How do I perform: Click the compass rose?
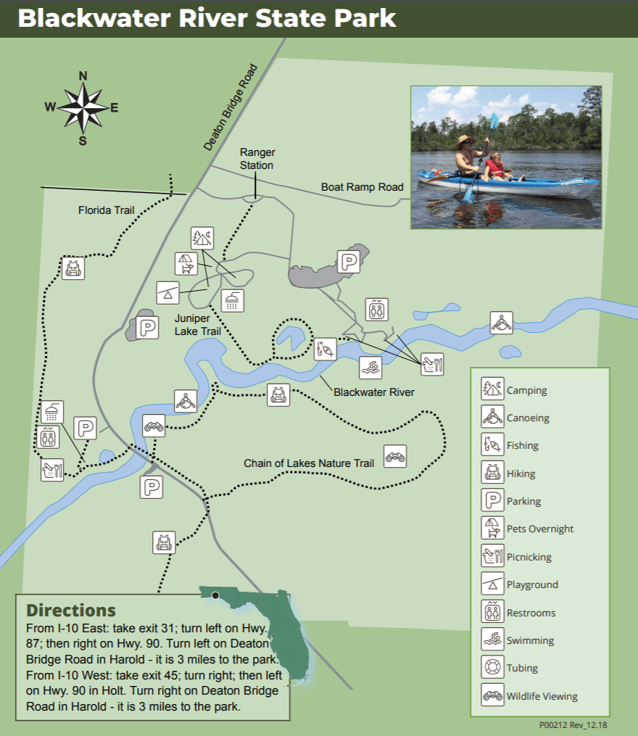point(83,108)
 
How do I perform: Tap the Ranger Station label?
point(257,159)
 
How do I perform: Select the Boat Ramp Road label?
point(362,187)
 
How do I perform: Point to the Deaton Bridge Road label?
point(231,107)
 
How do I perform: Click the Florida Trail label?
point(107,211)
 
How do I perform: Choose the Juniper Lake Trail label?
point(197,324)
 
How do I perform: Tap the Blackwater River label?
point(374,392)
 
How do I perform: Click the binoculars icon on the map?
point(395,456)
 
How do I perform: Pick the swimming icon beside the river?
point(370,368)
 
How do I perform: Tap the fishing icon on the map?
point(326,349)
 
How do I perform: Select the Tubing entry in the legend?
point(522,668)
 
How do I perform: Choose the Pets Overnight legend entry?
point(539,529)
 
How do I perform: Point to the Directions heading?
point(71,610)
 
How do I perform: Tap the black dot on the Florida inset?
point(215,595)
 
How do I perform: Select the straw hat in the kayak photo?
point(465,141)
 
